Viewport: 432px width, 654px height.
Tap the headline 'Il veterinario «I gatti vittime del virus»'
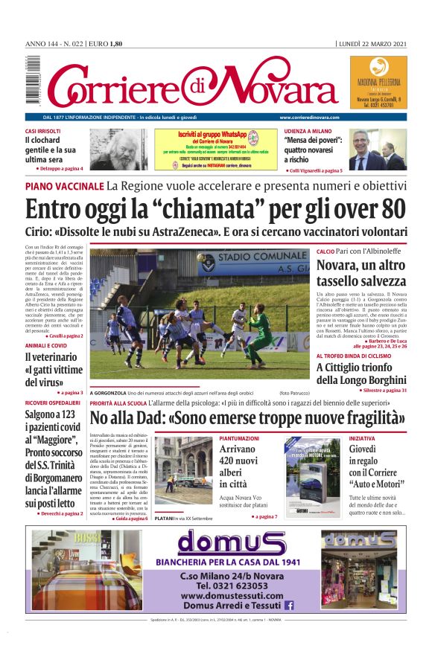point(54,371)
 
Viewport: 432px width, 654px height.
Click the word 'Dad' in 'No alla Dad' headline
point(159,420)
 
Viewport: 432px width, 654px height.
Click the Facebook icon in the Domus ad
point(289,606)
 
